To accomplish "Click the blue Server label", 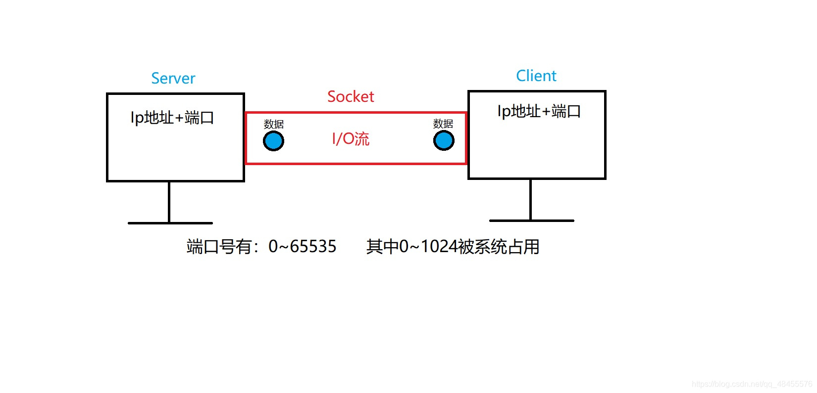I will [x=173, y=79].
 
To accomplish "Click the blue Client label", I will [x=536, y=76].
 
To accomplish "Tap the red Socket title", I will [x=351, y=97].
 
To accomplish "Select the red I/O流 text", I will [x=351, y=139].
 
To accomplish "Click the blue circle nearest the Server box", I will [x=273, y=141].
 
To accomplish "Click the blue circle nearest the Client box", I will [x=444, y=141].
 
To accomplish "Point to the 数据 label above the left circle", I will [x=273, y=124].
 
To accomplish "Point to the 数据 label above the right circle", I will [x=443, y=124].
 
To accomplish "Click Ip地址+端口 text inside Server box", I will [x=172, y=118].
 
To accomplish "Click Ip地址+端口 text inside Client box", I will [x=539, y=112].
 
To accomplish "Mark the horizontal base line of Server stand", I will [x=170, y=223].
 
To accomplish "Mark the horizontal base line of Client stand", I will [x=531, y=220].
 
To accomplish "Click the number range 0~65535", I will [x=302, y=247].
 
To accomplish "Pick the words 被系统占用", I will [x=499, y=247].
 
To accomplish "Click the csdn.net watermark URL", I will [x=751, y=384].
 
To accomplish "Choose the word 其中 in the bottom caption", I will [x=382, y=247].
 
